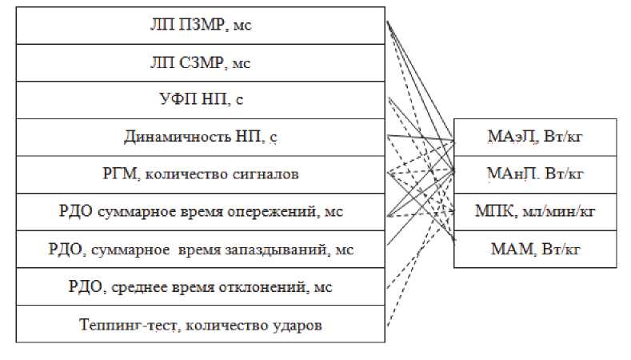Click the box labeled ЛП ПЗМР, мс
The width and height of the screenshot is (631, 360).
pos(200,25)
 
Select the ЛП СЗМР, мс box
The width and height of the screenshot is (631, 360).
pos(200,62)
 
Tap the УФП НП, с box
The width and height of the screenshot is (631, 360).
pos(200,99)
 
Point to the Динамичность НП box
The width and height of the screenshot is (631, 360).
pos(200,137)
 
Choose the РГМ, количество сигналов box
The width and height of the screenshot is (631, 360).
pos(200,174)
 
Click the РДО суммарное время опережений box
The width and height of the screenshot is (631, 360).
pos(200,212)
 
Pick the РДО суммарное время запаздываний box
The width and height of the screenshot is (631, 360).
pos(200,250)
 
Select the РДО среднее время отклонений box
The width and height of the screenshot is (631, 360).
pos(200,286)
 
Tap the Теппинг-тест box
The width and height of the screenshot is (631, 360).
pos(200,324)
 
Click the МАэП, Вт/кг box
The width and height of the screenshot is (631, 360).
pos(536,137)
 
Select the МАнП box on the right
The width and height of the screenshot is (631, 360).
pos(536,174)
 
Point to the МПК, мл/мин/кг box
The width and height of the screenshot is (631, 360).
pos(536,211)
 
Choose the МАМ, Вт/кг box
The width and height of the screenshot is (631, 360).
pos(536,249)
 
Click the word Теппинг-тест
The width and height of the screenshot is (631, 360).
pos(122,325)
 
